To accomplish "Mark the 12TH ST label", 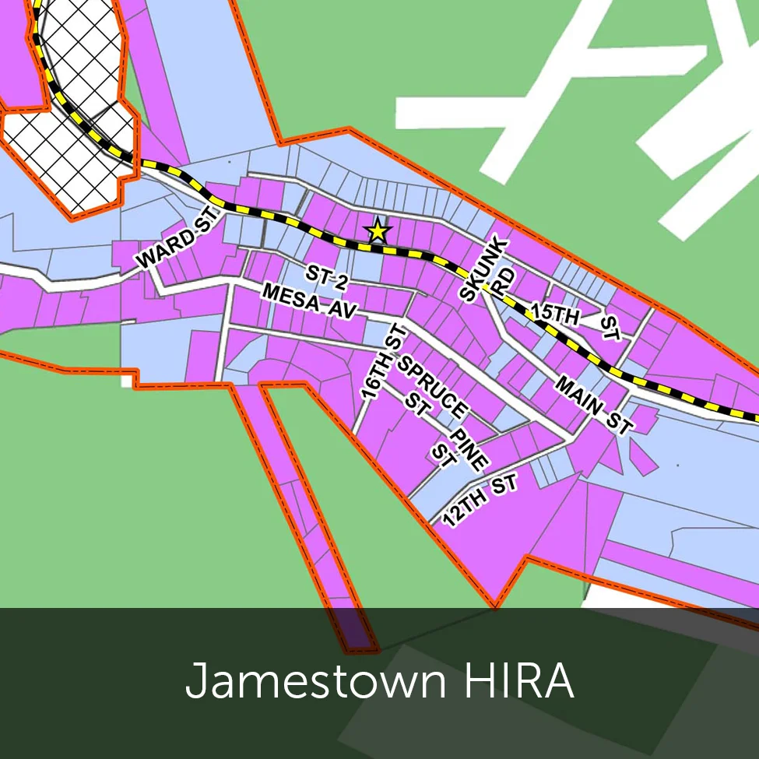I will tap(480, 503).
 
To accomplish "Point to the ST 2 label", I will tap(326, 278).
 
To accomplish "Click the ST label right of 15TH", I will tap(610, 328).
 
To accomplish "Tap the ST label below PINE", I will tap(445, 457).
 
